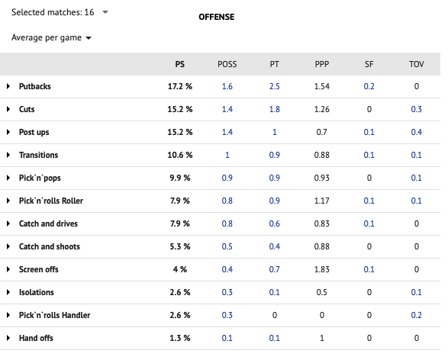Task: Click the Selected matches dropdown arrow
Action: coord(105,12)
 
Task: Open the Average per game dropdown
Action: coord(89,38)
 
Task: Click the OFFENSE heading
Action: coord(217,17)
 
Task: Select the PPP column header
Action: coord(322,64)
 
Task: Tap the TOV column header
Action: coord(416,64)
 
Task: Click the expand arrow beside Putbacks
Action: coord(8,86)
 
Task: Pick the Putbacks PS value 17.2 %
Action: coord(179,86)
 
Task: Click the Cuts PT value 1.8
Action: coord(274,109)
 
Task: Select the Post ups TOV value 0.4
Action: coord(416,132)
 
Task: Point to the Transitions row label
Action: coord(39,155)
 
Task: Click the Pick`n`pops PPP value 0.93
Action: coord(322,178)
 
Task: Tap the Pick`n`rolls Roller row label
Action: coord(51,201)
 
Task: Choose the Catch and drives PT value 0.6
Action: coord(274,223)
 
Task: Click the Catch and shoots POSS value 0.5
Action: coord(227,246)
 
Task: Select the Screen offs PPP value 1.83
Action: coord(322,269)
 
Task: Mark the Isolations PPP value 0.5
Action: coord(322,292)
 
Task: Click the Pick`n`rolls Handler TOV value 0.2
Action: coord(416,315)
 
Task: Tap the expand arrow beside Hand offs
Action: coord(8,338)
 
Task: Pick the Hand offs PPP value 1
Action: coord(322,338)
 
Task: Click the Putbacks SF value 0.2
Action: coord(369,86)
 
